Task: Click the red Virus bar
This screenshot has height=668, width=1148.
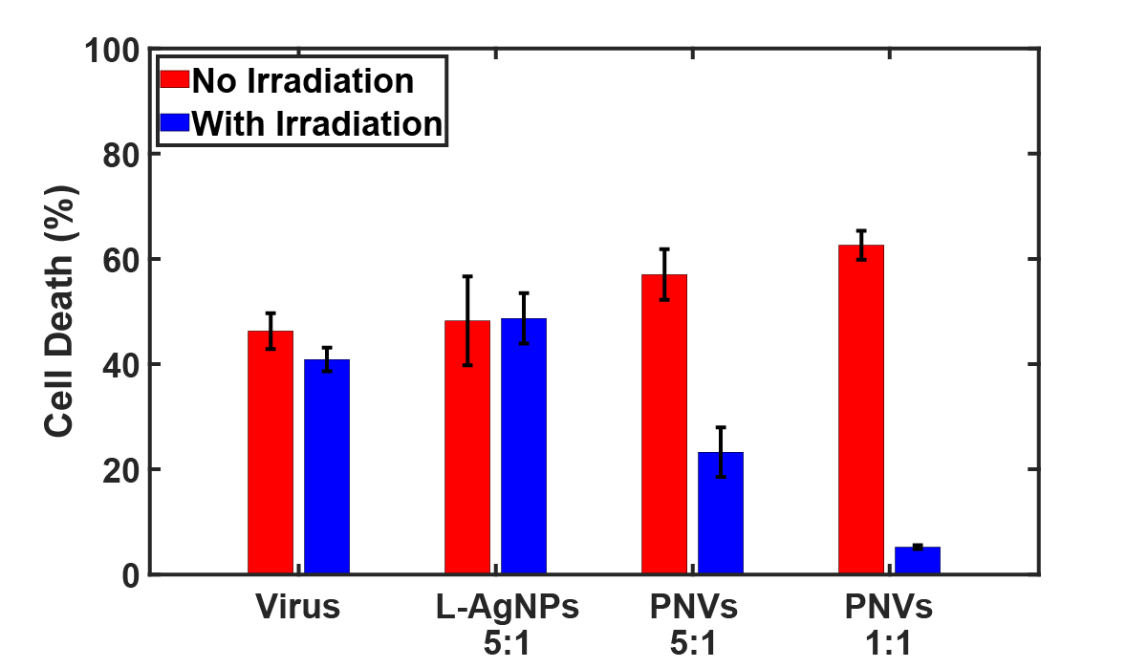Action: (271, 453)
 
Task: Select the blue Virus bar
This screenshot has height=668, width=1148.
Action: (327, 467)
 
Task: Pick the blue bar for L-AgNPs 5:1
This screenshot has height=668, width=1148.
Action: (524, 446)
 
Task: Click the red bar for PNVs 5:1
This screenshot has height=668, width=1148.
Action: (664, 424)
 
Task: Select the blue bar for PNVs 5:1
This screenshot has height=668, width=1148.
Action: (721, 513)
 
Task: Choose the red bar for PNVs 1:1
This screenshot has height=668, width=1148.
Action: (861, 410)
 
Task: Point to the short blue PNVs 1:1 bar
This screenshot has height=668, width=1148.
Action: (918, 561)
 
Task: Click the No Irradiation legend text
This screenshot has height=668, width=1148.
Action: (303, 81)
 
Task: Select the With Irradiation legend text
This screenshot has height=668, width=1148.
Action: (317, 123)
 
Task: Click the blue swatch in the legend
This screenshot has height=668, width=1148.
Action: (175, 123)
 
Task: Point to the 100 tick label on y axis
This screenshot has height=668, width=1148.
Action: (113, 49)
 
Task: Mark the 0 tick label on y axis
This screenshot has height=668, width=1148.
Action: (131, 575)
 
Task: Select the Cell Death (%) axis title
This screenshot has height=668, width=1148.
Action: (59, 312)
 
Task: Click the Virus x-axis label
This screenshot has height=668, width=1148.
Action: (297, 608)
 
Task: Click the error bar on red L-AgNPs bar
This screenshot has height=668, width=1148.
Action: (467, 320)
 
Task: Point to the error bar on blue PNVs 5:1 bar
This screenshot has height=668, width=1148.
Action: (721, 452)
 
